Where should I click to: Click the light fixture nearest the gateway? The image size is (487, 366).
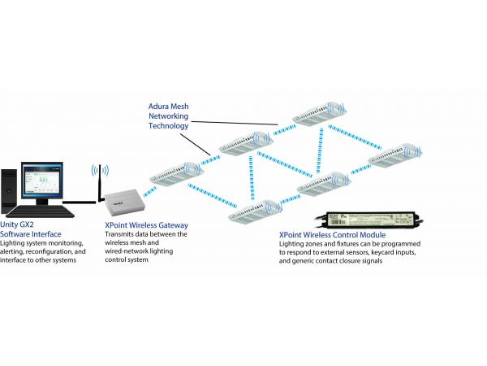tap(175, 173)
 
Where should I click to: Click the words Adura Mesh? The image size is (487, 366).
tap(169, 106)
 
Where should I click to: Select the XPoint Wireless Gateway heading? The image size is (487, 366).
tap(146, 224)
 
